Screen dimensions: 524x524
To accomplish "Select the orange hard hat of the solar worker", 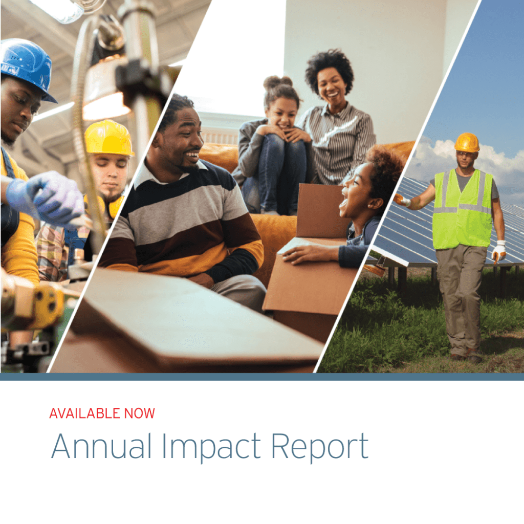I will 467,142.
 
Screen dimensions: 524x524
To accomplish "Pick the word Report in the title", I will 319,447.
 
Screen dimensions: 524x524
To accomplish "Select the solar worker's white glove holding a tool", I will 498,251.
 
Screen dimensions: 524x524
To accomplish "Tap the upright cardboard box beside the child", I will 320,210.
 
